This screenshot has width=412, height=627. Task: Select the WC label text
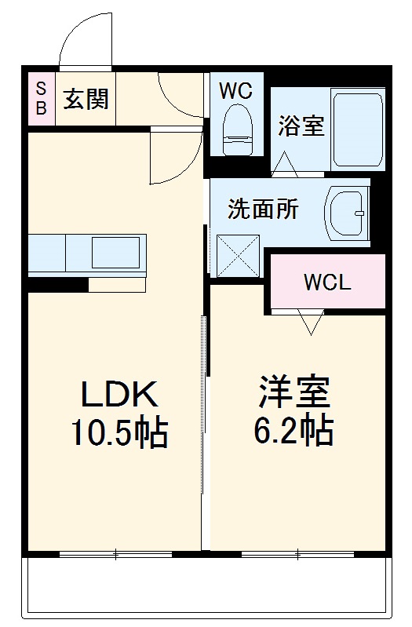tap(235, 91)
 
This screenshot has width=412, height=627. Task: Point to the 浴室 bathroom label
tap(301, 127)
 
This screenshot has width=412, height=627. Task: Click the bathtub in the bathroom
tap(357, 129)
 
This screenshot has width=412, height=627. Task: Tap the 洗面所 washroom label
tap(263, 210)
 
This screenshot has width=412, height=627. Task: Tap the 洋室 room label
tap(294, 390)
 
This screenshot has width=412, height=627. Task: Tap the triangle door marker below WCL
tap(310, 322)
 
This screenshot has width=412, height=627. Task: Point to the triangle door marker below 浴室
tap(283, 162)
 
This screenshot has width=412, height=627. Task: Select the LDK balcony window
tap(115, 555)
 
